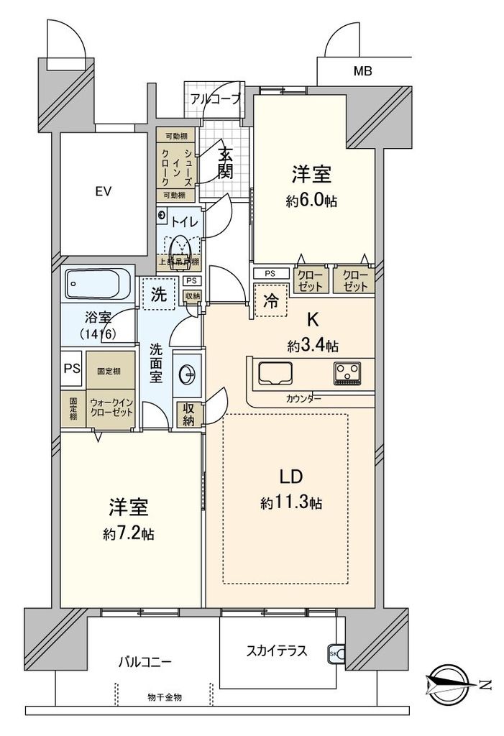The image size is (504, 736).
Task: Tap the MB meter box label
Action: [x=363, y=70]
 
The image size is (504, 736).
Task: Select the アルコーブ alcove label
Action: [x=215, y=99]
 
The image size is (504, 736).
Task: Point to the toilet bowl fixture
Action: [x=180, y=247]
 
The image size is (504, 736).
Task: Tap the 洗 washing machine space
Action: [x=159, y=294]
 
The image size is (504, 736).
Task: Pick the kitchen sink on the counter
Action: [x=275, y=374]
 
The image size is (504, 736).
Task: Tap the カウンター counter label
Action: [x=303, y=399]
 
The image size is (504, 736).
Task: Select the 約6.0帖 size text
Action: [x=311, y=202]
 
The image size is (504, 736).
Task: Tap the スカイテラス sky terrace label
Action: [x=277, y=651]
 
